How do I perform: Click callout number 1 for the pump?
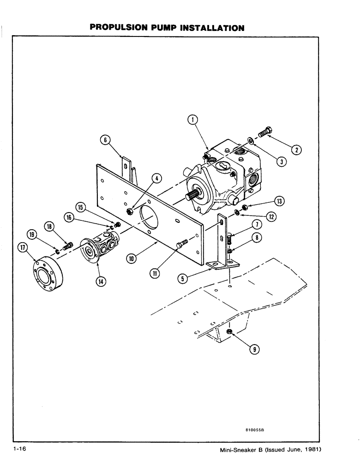coord(192,121)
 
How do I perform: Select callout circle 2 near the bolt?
coord(297,149)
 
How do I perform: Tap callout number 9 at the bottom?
coord(253,349)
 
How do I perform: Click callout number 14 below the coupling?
coord(99,281)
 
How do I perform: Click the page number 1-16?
coord(22,450)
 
